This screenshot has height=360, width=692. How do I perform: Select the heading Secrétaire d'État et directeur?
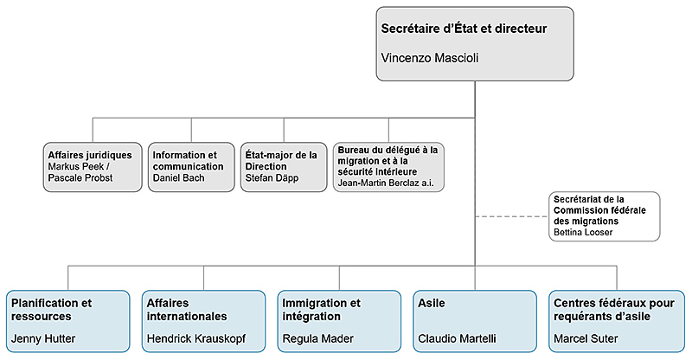point(464,28)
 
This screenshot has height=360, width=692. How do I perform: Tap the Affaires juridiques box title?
point(90,155)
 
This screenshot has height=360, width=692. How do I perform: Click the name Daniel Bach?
point(178,177)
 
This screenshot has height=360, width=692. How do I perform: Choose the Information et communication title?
point(184,160)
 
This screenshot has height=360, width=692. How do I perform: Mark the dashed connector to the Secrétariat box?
point(510,216)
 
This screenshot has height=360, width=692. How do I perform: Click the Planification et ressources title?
point(50,309)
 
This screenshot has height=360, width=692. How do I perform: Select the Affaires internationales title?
point(186,309)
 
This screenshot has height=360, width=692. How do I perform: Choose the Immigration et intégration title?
point(321,309)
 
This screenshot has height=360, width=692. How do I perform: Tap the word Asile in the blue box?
point(432,304)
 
